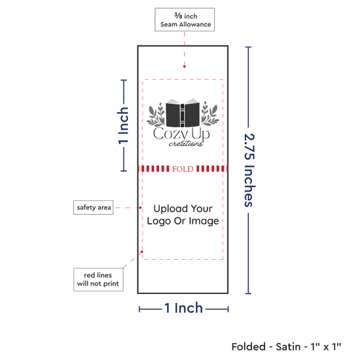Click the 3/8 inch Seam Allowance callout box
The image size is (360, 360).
click(x=185, y=20)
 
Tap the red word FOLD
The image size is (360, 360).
click(x=183, y=169)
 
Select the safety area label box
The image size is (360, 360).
click(x=94, y=207)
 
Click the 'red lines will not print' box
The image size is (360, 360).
click(x=98, y=279)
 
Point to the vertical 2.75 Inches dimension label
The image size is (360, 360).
click(x=249, y=170)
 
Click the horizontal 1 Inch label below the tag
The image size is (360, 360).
click(x=184, y=308)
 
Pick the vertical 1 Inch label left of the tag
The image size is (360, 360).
click(x=123, y=126)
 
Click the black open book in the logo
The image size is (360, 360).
click(x=183, y=113)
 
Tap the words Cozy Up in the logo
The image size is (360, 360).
click(x=181, y=134)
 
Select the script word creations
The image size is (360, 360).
click(x=186, y=143)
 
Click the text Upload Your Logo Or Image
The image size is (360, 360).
click(x=183, y=215)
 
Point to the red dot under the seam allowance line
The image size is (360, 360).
click(x=185, y=67)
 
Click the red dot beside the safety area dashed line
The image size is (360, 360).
click(x=140, y=207)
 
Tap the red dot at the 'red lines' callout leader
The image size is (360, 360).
click(x=142, y=252)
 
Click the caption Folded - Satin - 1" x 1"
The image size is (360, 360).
click(x=286, y=347)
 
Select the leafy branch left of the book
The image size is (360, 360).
click(x=156, y=115)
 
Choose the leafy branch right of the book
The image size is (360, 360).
click(x=210, y=113)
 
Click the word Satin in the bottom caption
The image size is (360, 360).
click(x=288, y=347)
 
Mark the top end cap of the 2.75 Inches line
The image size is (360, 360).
click(x=248, y=47)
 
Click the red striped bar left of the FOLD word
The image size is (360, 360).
click(x=154, y=169)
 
